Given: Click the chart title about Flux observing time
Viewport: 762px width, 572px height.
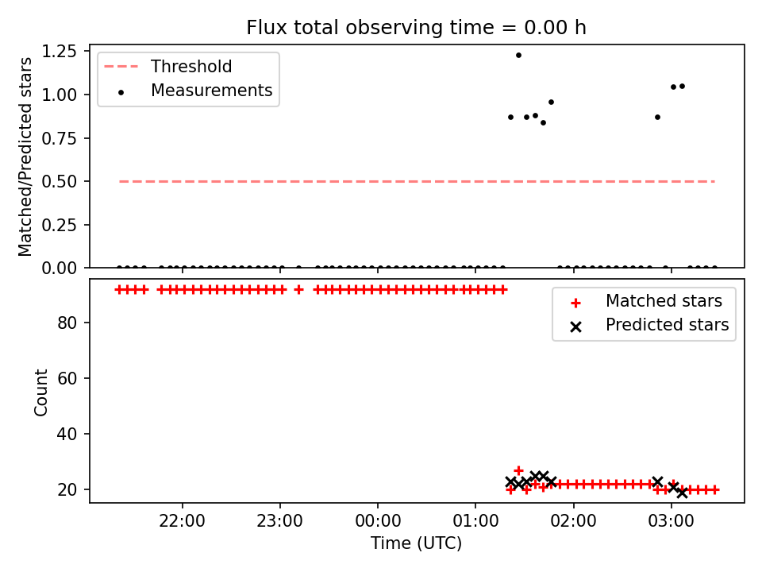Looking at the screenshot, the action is pos(416,28).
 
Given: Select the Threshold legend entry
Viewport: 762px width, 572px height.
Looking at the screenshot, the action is pos(168,67).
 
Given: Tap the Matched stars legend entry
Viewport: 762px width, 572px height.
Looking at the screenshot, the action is pos(646,302).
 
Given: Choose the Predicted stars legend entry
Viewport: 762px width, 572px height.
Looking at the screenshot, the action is pos(649,326).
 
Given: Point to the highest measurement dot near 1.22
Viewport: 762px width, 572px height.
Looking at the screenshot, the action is pos(518,56).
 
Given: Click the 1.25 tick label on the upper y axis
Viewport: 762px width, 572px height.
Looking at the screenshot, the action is pos(59,51).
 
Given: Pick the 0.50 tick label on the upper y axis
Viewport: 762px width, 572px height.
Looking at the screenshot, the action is pos(59,181).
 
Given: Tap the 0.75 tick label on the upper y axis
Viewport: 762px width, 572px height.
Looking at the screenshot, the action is pos(59,138).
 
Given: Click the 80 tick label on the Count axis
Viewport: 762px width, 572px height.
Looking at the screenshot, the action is pos(67,323).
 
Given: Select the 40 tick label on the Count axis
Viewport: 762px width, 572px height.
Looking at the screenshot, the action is pos(67,434).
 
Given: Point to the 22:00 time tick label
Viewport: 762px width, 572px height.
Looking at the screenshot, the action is pos(183,521).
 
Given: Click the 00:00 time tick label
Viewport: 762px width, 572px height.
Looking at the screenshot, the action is pos(378,521).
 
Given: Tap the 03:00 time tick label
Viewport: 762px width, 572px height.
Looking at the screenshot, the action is pos(672,521).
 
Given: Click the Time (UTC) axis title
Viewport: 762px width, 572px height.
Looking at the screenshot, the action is pos(416,543).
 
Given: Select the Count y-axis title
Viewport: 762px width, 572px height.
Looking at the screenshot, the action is pos(40,392).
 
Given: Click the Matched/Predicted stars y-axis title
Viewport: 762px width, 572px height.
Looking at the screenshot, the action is pos(25,157).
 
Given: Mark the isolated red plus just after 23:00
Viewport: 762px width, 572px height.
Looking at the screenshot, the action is pos(299,290).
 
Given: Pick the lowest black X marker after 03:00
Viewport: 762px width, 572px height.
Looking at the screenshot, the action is pos(683,493).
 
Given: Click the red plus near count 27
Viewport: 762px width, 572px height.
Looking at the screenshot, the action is pos(518,471).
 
